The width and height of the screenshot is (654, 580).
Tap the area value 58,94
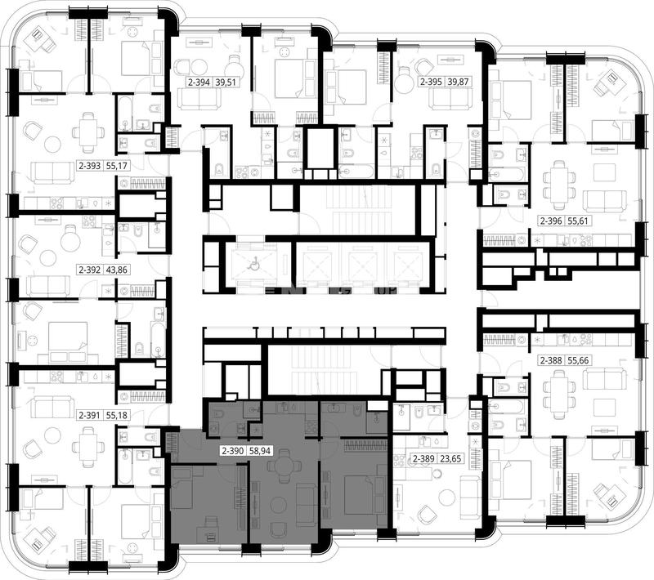[260, 450]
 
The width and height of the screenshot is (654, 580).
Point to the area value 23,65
[450, 459]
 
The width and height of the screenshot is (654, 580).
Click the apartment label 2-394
[199, 82]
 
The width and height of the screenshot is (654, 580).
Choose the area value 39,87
[458, 82]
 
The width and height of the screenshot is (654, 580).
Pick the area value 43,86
[116, 270]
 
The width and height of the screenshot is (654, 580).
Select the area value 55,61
[578, 221]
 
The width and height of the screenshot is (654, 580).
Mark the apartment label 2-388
[551, 360]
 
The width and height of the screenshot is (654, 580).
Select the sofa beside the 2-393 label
[53, 172]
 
